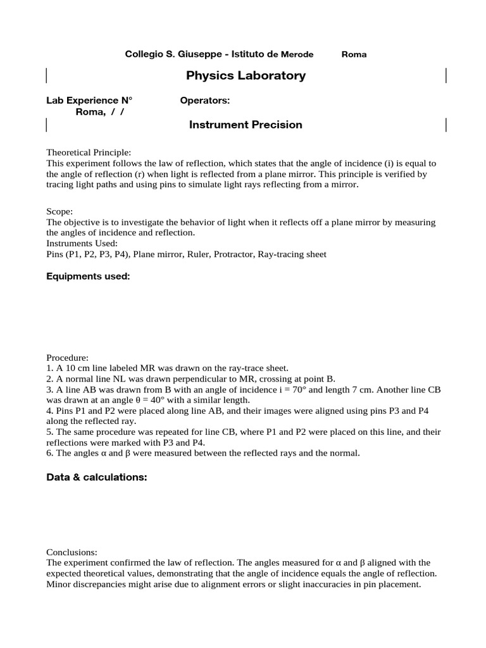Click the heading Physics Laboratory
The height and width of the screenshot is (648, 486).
[x=246, y=76]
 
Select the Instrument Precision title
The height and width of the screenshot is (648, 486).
[x=246, y=125]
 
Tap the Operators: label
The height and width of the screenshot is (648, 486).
[x=204, y=101]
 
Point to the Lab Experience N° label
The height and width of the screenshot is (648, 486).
[x=90, y=101]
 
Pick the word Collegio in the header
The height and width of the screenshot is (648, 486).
[x=144, y=54]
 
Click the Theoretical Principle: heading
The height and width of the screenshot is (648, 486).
[x=89, y=153]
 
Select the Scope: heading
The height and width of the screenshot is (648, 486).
[x=60, y=212]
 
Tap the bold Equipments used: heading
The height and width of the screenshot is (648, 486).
[x=88, y=277]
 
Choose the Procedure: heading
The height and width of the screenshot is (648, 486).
[x=68, y=358]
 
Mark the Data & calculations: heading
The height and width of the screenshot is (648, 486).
[x=96, y=477]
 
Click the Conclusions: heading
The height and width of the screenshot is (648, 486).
[x=72, y=552]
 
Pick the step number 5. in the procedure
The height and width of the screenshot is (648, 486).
[x=50, y=432]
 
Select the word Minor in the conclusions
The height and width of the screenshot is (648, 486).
[x=59, y=584]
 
